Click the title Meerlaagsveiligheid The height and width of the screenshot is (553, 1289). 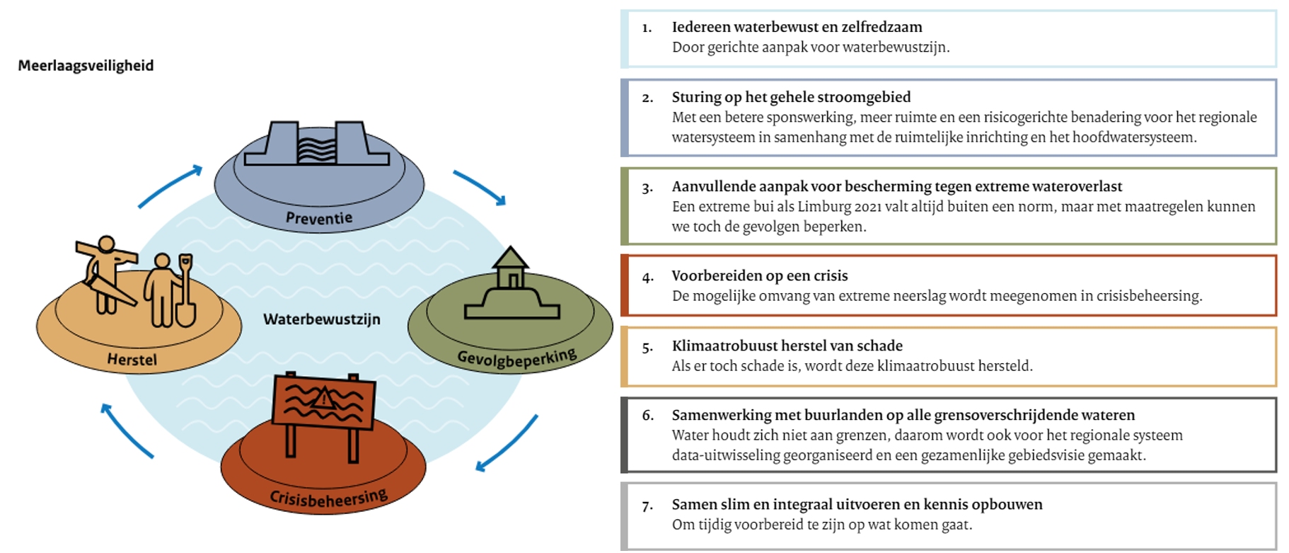point(86,66)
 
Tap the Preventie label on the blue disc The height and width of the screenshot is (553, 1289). point(318,218)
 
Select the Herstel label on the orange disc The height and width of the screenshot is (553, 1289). point(132,360)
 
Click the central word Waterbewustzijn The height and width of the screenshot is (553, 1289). point(322,319)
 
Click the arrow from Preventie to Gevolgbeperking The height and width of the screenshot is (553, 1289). point(481,187)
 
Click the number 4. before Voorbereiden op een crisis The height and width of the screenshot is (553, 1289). point(647,278)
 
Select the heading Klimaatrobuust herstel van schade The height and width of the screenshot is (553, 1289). point(787,346)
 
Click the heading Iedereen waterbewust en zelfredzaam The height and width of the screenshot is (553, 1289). point(797,27)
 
